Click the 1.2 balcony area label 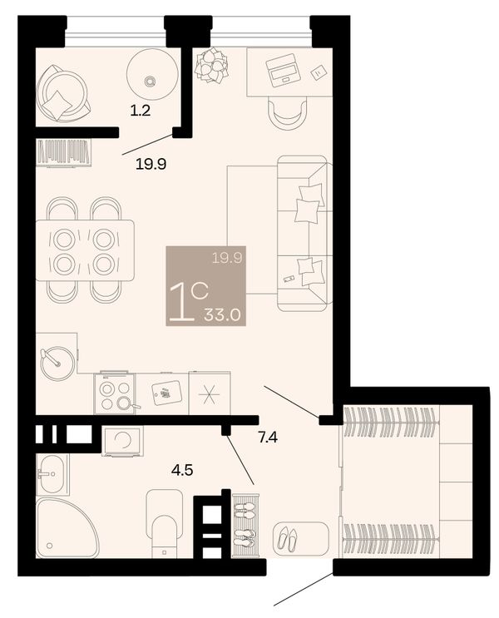[141, 111]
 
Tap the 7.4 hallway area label [268, 438]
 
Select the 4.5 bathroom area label [182, 470]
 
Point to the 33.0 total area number [222, 315]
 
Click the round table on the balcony [152, 74]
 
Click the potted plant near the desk [212, 65]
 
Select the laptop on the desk [282, 70]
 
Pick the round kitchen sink [58, 363]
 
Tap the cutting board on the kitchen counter [167, 393]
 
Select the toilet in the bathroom [165, 523]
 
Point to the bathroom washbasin [52, 474]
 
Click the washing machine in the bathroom [122, 441]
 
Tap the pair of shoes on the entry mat [287, 539]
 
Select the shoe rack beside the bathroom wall [245, 526]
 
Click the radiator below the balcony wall [64, 152]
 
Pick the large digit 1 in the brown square [181, 303]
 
